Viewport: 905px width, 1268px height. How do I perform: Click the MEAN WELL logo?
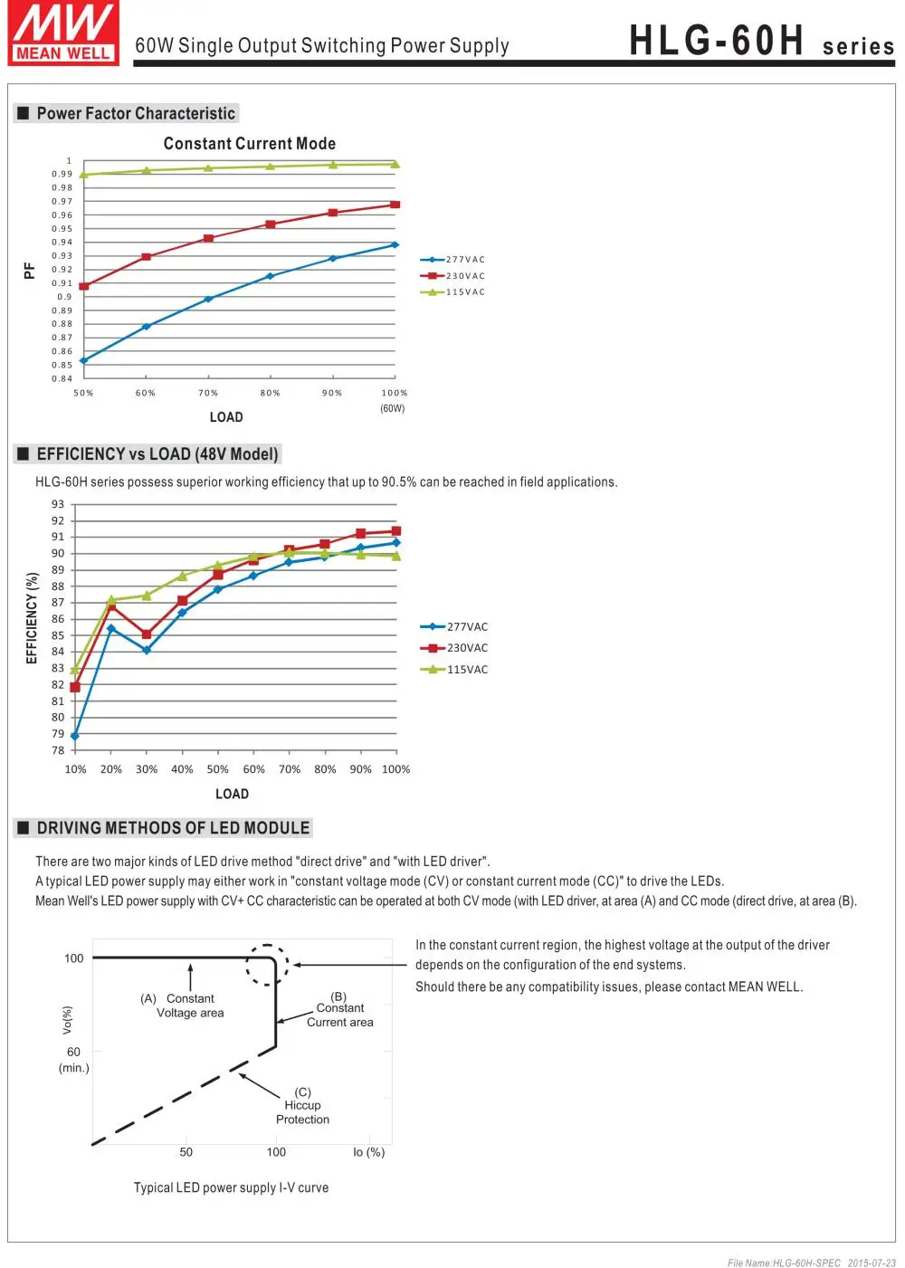(63, 33)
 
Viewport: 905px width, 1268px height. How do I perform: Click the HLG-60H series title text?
(761, 42)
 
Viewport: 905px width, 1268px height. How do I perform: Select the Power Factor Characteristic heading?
(136, 113)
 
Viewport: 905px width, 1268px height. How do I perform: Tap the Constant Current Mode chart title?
(250, 144)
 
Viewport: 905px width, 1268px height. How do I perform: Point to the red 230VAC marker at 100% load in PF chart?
(395, 205)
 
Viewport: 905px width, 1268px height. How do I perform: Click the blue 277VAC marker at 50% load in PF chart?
(83, 361)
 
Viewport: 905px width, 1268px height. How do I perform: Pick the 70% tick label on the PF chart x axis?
(208, 393)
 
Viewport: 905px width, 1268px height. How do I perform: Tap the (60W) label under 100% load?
(393, 409)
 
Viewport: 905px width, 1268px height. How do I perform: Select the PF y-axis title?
(29, 271)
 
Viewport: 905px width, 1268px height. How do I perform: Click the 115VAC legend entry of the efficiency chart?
(455, 670)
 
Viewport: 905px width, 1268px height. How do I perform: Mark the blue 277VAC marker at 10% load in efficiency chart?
(75, 736)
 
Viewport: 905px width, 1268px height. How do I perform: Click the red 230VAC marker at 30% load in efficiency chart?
(147, 634)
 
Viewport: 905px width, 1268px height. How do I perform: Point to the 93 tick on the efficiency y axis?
(58, 504)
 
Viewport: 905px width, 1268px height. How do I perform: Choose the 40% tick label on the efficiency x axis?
(182, 769)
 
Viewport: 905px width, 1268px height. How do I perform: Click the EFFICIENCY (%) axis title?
(33, 618)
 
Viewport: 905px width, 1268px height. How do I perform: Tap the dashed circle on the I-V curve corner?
(268, 965)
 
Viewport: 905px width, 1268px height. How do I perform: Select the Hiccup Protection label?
(302, 1106)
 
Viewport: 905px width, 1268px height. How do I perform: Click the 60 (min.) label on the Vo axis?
(73, 1059)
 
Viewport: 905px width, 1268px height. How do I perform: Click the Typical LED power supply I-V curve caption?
(231, 1187)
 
